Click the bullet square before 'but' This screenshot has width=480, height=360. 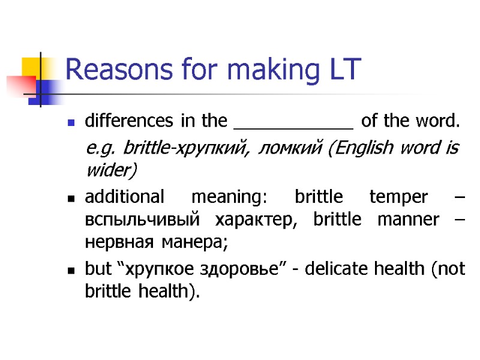pos(71,271)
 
